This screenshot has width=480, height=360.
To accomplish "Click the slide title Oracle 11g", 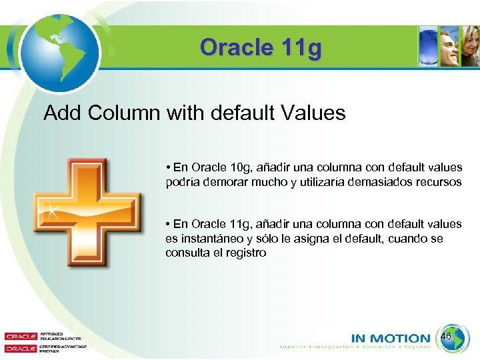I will (x=261, y=47).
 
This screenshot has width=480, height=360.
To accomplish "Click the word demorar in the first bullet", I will (x=223, y=181).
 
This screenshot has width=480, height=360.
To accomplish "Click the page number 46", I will (x=446, y=337).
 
